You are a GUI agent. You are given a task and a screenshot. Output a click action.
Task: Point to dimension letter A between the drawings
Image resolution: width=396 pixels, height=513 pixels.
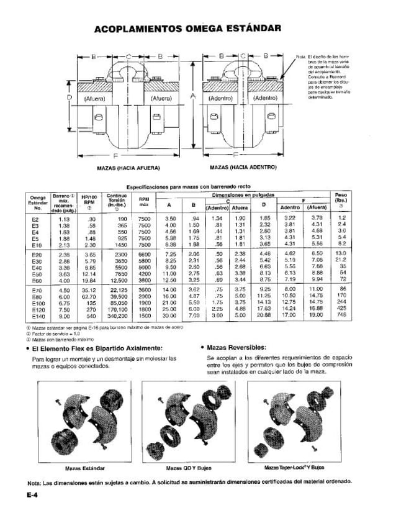(193, 96)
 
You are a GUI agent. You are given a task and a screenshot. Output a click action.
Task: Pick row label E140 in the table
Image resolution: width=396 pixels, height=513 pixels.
(37, 316)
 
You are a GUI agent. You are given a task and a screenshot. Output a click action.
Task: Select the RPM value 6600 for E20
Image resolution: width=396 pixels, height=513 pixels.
(144, 254)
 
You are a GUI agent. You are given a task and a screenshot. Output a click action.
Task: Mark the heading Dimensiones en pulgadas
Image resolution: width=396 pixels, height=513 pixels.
(246, 194)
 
